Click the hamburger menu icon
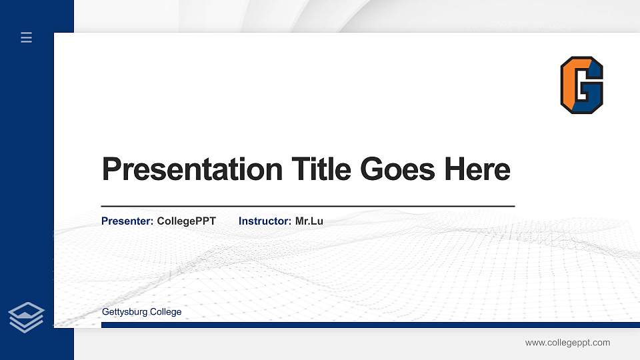pos(27,38)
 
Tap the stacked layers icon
pos(27,317)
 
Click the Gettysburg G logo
pos(582,85)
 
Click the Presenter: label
pos(127,221)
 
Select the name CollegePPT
pos(187,221)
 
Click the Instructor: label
pos(265,221)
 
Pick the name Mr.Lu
pos(309,221)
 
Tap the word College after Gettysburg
pos(166,312)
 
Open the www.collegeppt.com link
pos(567,343)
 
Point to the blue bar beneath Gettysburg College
pos(366,325)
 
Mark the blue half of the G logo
pos(592,93)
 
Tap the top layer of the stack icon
pos(27,310)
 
